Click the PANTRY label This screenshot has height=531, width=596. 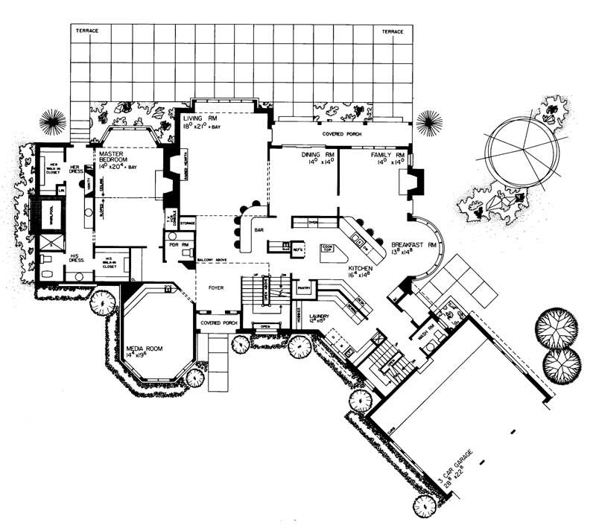click(302, 286)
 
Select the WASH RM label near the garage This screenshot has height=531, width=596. click(426, 334)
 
